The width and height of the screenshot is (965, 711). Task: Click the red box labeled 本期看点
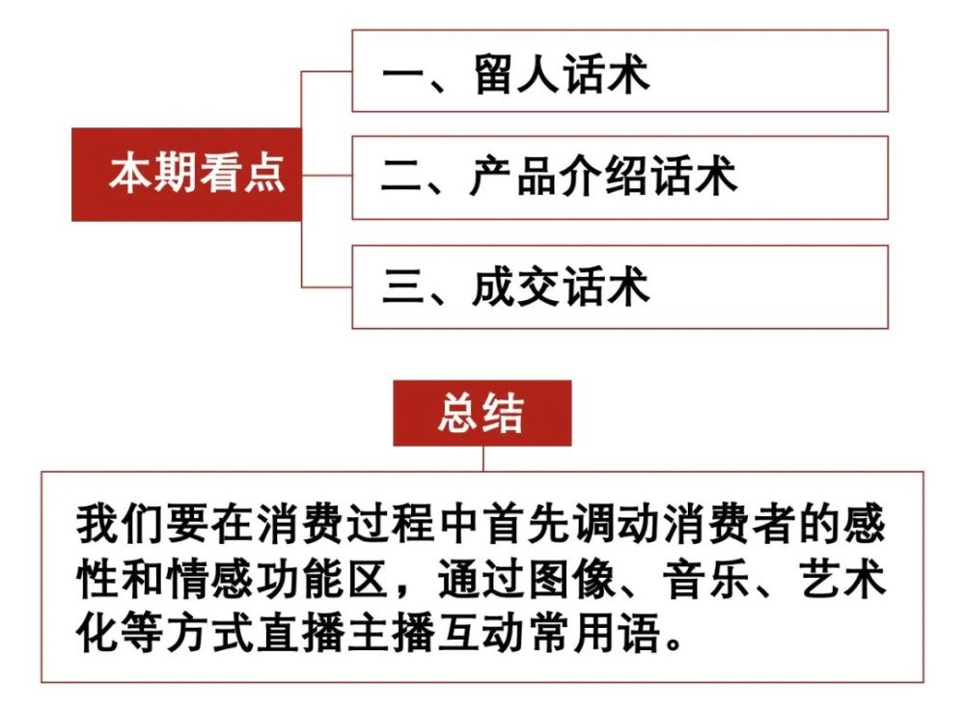tap(186, 175)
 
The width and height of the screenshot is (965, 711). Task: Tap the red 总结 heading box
tap(482, 413)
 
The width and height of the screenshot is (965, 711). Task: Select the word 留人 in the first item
tap(517, 74)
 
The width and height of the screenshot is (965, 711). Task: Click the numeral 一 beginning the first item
tap(403, 74)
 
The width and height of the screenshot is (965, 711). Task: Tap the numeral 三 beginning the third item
tap(403, 287)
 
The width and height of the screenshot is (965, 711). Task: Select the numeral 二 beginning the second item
tap(403, 178)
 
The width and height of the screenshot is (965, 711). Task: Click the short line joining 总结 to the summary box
tap(483, 459)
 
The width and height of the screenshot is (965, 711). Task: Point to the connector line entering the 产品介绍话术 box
tap(327, 176)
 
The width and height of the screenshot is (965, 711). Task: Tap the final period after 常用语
tap(674, 643)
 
